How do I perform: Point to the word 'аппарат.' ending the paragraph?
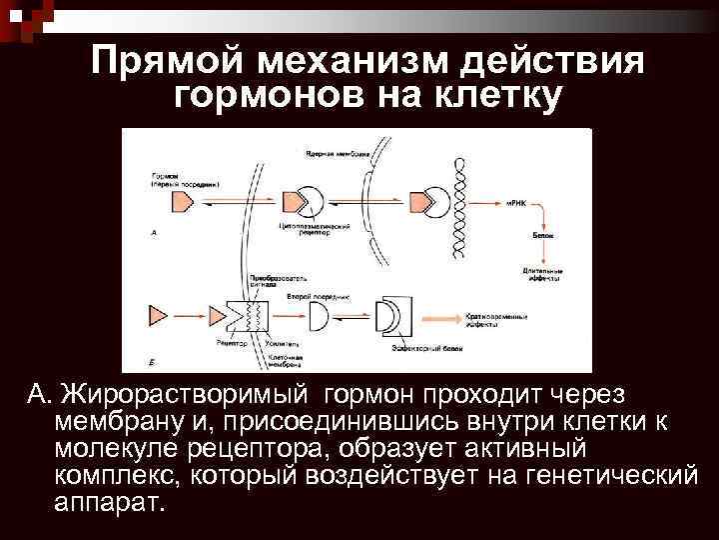coord(109,501)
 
